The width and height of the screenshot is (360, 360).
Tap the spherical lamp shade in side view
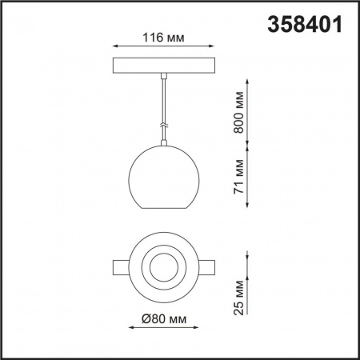[x=163, y=177]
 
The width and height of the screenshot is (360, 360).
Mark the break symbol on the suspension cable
[x=163, y=126]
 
